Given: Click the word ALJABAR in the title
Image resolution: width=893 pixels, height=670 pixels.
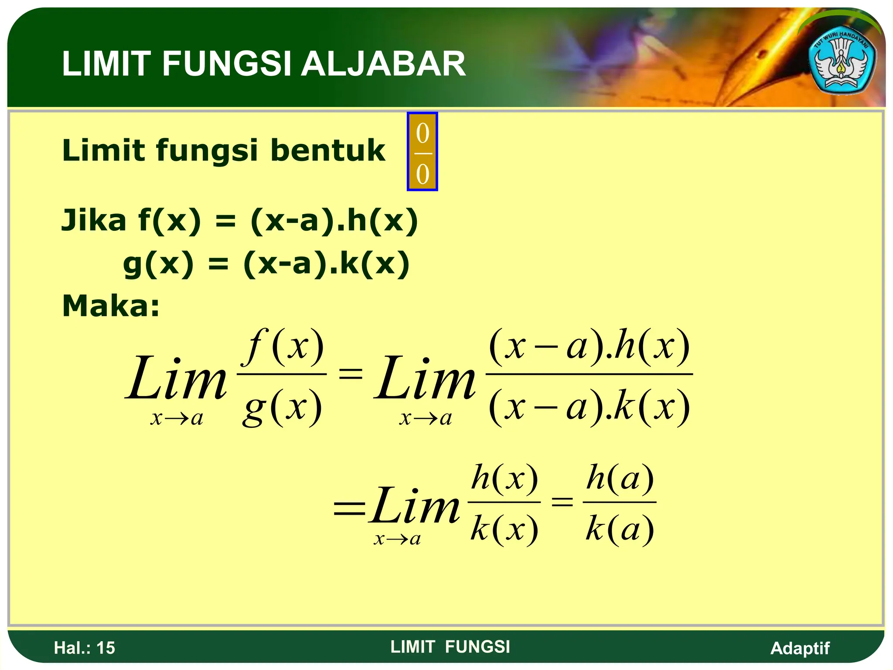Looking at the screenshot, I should [x=383, y=64].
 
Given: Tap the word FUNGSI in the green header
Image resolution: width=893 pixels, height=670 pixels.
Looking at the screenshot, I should [x=226, y=64].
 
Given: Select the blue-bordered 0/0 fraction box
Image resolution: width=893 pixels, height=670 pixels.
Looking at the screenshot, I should [x=422, y=152].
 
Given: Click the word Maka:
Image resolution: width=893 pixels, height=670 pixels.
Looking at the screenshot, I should [x=111, y=306].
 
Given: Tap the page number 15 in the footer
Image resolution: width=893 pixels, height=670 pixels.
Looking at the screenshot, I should [x=106, y=648].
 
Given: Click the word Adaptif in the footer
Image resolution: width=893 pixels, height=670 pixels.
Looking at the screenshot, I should [x=800, y=648].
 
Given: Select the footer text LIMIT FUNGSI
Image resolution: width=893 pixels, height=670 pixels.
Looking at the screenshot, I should [x=450, y=647].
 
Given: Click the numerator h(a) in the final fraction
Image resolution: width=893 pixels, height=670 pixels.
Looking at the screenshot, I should [x=620, y=478].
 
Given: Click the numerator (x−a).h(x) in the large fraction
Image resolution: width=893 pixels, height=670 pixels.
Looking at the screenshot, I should [x=589, y=347].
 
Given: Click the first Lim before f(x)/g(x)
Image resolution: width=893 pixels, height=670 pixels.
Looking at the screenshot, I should [x=176, y=379].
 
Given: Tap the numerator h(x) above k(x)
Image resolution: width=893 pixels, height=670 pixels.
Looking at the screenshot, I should [x=504, y=478].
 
